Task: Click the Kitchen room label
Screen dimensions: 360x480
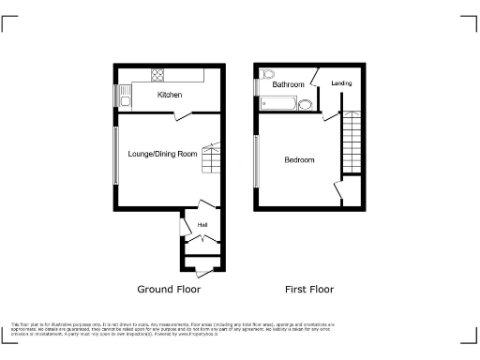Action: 170,96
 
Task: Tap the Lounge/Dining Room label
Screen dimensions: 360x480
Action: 163,153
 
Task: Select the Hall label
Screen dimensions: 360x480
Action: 202,225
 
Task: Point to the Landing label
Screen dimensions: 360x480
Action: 341,84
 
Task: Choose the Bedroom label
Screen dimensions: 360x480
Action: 299,160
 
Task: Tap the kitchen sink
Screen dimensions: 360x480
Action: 124,93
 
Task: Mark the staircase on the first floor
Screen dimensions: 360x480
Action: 351,142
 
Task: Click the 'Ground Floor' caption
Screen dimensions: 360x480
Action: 169,290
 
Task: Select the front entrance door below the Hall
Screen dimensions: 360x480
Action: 201,268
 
